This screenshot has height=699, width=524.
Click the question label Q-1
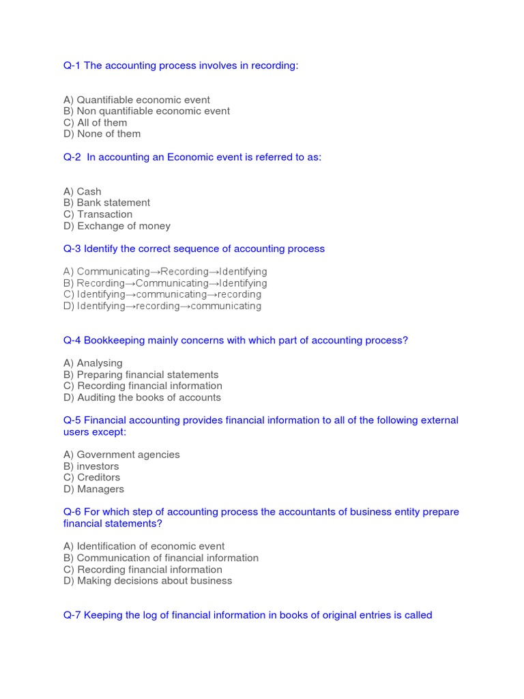[72, 66]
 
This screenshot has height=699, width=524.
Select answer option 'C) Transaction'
[98, 214]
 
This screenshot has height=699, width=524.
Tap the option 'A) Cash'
[82, 192]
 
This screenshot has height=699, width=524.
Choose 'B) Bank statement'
[106, 203]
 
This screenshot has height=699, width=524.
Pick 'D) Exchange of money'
[117, 226]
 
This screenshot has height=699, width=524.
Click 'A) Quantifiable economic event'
[136, 100]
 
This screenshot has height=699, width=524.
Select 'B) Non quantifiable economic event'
[146, 111]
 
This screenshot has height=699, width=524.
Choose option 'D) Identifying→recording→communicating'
[162, 306]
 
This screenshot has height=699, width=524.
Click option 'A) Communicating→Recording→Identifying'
[165, 272]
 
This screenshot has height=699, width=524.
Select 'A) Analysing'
[93, 363]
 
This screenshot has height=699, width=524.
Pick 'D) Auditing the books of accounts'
[142, 397]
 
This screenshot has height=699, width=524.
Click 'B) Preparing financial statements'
[141, 375]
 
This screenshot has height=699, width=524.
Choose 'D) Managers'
[93, 489]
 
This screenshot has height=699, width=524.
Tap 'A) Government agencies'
[121, 455]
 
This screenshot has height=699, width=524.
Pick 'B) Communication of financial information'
[161, 558]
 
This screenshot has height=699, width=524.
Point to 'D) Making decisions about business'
[147, 581]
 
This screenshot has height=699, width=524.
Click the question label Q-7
[72, 615]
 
